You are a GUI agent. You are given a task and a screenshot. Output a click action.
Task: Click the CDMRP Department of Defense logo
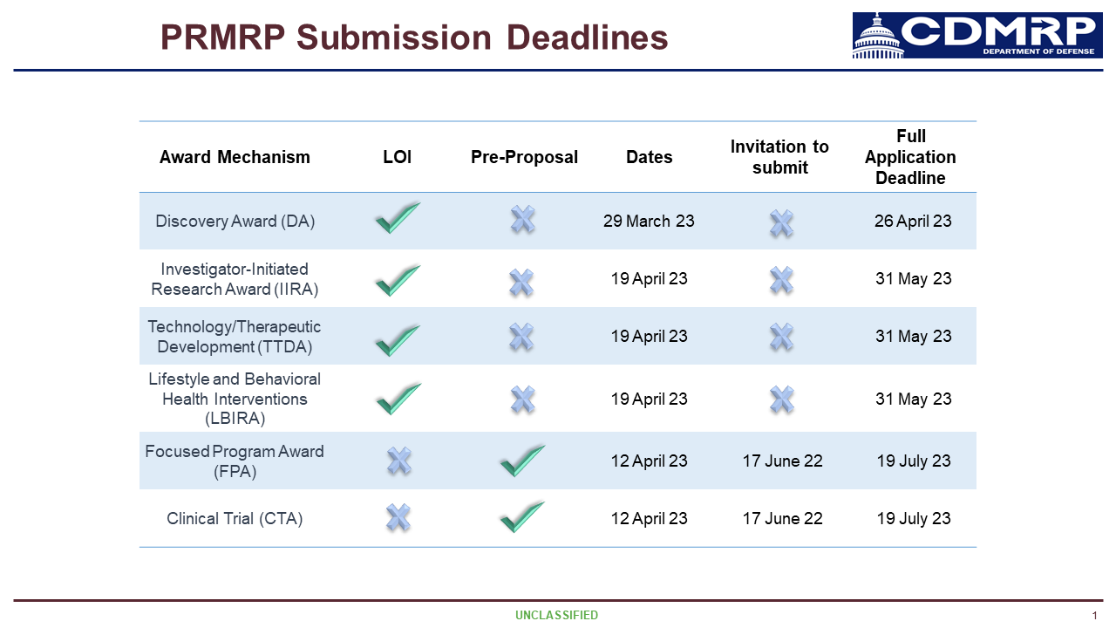[977, 36]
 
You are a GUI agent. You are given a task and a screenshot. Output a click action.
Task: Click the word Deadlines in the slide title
[587, 38]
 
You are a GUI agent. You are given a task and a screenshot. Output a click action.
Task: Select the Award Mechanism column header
[235, 157]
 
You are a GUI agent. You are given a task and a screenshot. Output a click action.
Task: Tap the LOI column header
[397, 157]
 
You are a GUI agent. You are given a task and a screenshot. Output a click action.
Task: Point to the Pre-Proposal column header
[524, 157]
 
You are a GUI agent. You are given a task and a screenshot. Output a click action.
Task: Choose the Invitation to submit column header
[779, 157]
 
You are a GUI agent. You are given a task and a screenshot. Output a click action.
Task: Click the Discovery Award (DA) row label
[235, 221]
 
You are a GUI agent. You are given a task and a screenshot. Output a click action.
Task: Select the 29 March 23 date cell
[649, 221]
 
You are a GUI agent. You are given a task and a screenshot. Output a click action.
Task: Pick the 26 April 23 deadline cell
[913, 221]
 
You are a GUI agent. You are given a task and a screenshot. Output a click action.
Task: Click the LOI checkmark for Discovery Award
[398, 218]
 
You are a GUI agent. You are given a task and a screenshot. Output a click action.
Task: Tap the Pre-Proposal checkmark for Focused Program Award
[522, 461]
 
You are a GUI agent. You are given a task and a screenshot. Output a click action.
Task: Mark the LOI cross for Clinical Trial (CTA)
[398, 517]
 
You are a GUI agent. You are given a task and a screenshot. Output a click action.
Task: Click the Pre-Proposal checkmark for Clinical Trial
[522, 517]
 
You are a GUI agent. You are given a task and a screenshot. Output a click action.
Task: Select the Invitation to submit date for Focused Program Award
[782, 461]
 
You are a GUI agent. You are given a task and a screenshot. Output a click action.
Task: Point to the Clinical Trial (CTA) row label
[235, 518]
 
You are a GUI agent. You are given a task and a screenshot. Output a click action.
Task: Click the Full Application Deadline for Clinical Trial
[914, 518]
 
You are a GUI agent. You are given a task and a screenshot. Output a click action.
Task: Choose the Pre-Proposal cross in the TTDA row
[521, 337]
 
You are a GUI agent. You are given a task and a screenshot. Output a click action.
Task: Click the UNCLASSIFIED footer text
[556, 615]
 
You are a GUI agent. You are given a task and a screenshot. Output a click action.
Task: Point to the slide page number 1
[1094, 616]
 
